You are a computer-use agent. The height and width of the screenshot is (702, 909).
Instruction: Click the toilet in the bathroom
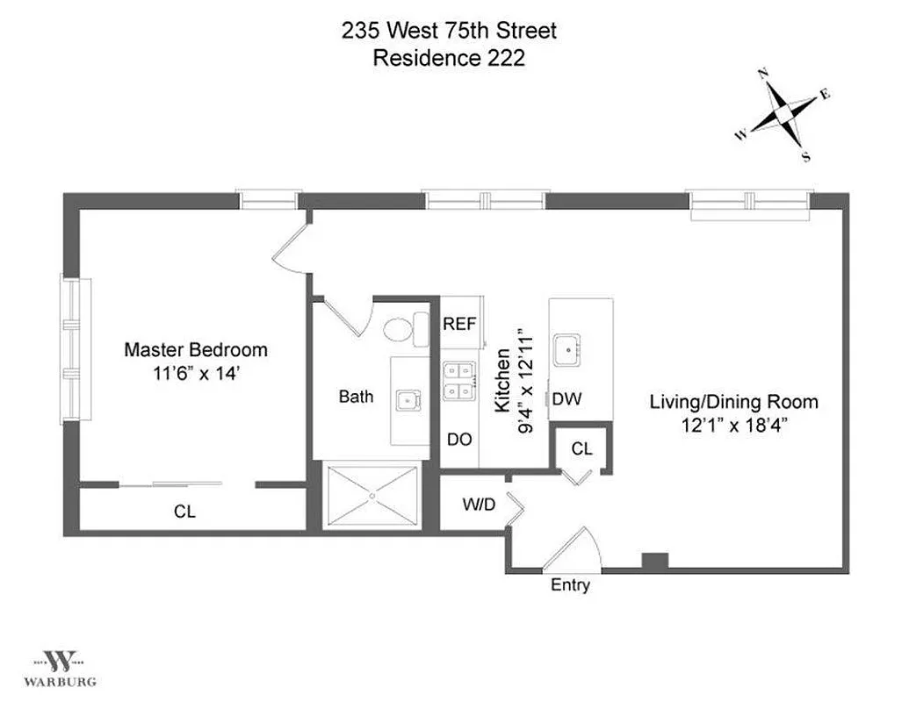[x=400, y=329]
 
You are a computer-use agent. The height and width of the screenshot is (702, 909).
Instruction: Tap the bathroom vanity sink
[x=408, y=400]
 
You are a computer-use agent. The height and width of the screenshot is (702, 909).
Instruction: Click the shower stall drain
[x=372, y=497]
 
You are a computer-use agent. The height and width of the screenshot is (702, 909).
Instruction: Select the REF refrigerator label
[x=459, y=324]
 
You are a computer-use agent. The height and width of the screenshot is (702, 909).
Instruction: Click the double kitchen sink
[x=458, y=381]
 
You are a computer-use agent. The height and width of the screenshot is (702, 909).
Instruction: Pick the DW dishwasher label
[x=566, y=399]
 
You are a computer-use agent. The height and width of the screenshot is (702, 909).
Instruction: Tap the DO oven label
[x=459, y=440]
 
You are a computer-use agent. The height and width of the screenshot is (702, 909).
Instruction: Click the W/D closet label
[x=478, y=505]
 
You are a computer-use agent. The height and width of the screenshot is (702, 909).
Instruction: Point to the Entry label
[x=570, y=585]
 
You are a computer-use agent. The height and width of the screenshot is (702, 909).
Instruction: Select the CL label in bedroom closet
[x=184, y=511]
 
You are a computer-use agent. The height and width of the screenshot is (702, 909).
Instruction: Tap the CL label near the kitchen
[x=581, y=448]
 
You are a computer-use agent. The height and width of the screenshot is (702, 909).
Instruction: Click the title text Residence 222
[x=449, y=59]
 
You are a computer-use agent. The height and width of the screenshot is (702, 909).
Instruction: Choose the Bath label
[x=356, y=397]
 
